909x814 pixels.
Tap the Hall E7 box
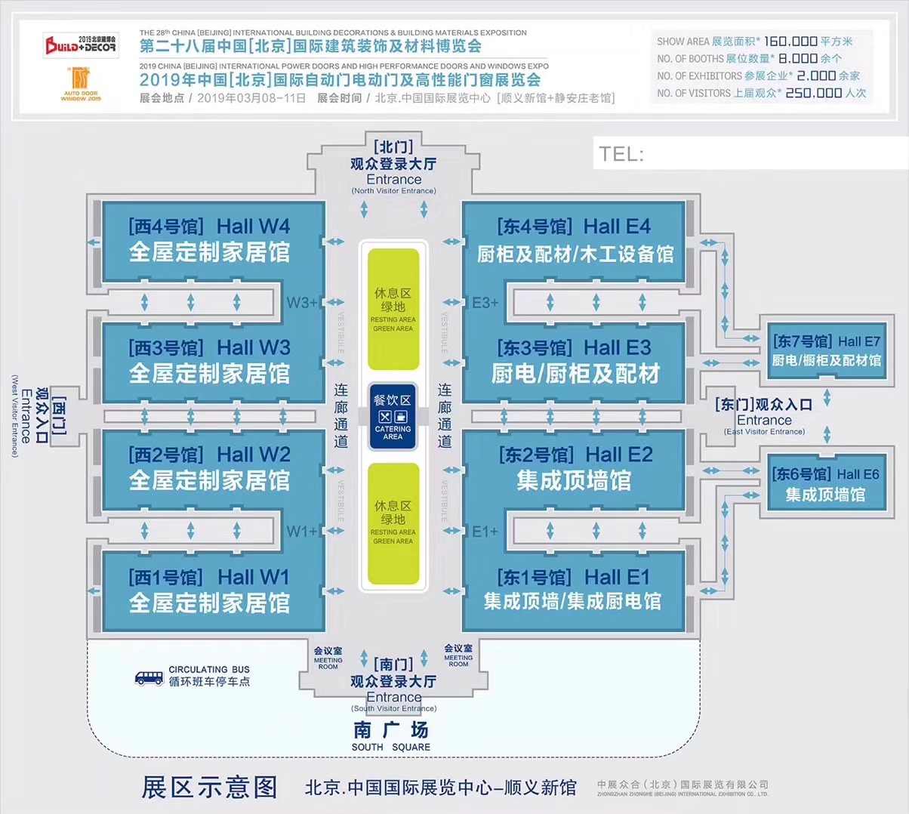(826, 351)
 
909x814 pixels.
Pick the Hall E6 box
(825, 484)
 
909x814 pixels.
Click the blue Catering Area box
(393, 418)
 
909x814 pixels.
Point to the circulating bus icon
(149, 677)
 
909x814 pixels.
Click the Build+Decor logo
(80, 45)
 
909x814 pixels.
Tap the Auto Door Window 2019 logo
(80, 84)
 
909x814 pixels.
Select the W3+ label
(302, 303)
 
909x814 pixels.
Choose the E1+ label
(485, 532)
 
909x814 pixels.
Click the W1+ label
(302, 532)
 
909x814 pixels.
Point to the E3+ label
(485, 303)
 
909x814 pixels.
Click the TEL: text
(621, 155)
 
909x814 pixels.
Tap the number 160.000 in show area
(790, 42)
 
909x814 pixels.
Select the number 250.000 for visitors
(813, 93)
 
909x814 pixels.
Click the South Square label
(391, 737)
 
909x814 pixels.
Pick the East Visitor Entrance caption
(764, 432)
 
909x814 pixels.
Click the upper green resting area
(393, 309)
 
